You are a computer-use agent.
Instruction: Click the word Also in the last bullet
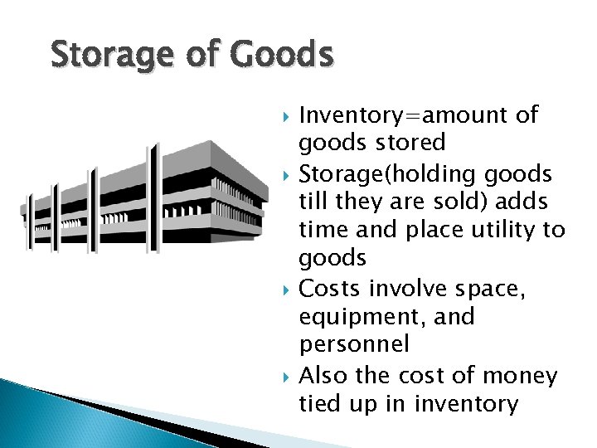tap(325, 376)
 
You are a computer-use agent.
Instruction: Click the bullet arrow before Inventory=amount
tap(288, 115)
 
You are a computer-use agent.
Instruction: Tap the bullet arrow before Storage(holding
tap(288, 173)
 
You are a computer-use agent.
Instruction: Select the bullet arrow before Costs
tap(288, 290)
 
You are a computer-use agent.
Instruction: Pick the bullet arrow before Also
tap(288, 377)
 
